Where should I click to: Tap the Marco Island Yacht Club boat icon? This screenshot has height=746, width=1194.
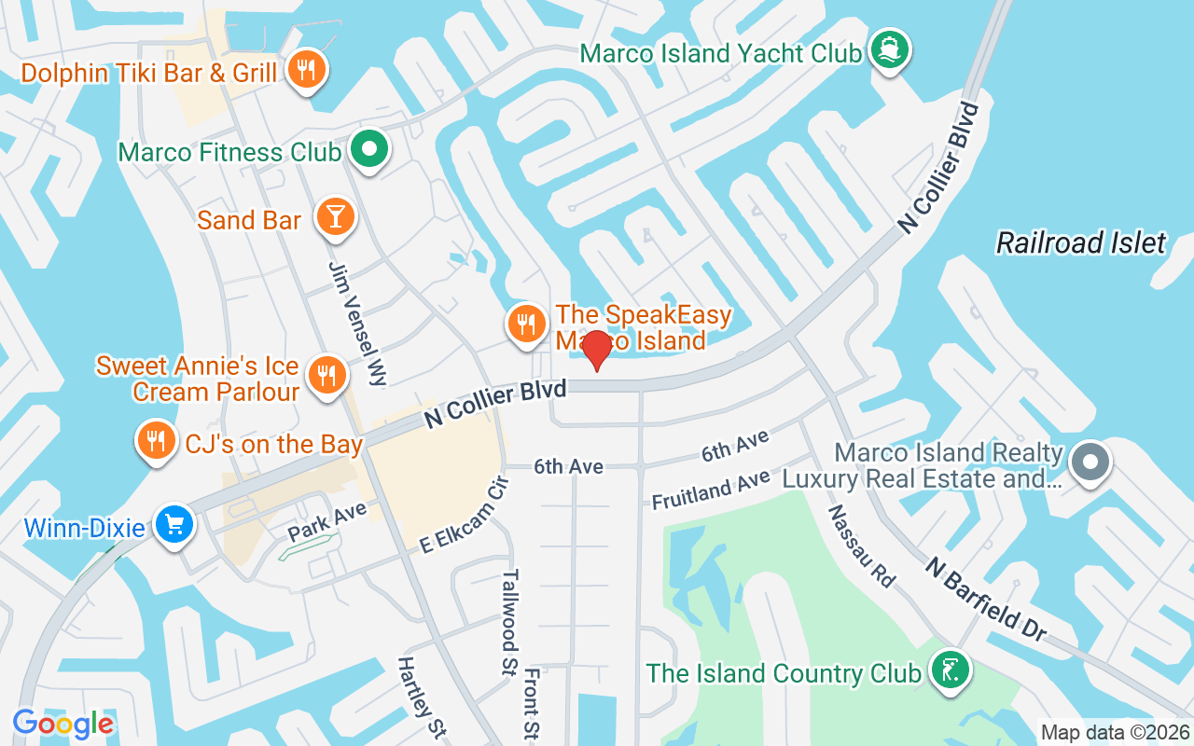(x=888, y=50)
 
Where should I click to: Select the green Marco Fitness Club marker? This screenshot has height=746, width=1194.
(x=369, y=149)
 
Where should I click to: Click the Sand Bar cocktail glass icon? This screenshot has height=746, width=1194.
(x=334, y=215)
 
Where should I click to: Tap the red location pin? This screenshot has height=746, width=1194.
(x=596, y=352)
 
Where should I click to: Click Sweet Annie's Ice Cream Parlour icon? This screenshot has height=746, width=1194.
(x=326, y=375)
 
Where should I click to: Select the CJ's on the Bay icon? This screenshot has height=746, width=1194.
(x=156, y=440)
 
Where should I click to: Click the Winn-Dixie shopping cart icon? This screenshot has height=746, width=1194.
(x=174, y=524)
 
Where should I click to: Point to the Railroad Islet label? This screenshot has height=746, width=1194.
(x=1080, y=243)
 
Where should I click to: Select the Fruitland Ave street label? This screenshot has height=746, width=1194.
(x=711, y=489)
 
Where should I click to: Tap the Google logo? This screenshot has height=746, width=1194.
(x=62, y=724)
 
